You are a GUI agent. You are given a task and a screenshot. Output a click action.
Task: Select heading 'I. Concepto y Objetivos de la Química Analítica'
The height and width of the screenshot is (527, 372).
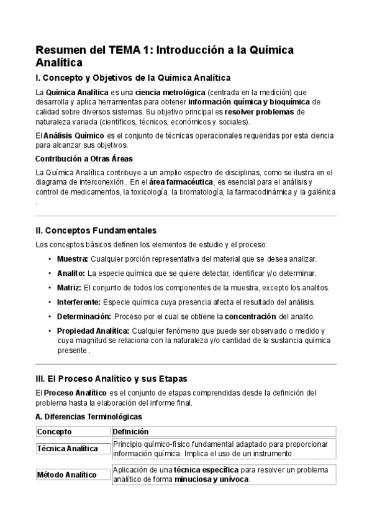pos(133,78)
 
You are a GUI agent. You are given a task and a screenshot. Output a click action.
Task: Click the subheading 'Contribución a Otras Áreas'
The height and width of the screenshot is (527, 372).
pos(84,158)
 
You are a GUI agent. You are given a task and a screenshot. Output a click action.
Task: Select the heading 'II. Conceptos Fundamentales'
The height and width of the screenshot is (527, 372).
pos(96,230)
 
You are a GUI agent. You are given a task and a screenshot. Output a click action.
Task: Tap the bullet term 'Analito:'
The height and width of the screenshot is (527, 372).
pos(71,273)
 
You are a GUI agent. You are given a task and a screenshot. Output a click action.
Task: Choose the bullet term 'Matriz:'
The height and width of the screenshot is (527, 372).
pos(69,288)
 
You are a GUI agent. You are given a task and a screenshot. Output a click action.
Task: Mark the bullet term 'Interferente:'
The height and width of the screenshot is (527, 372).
pos(79,302)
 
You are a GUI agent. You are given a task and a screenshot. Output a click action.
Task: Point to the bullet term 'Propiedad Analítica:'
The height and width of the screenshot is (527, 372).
pos(93,331)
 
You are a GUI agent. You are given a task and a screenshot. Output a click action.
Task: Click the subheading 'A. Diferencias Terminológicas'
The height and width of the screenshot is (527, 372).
pos(89,416)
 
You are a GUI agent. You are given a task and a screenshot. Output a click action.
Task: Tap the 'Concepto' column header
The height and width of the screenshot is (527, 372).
pos(55,432)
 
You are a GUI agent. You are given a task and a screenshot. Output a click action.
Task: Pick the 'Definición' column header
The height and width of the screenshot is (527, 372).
pos(131,432)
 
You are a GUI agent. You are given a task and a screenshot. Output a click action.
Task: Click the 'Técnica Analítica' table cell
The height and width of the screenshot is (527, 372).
pos(68,448)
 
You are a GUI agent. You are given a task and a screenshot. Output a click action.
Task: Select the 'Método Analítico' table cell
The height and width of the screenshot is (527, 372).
pos(67,475)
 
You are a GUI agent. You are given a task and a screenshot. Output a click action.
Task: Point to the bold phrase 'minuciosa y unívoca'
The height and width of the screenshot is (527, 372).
pos(211,480)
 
